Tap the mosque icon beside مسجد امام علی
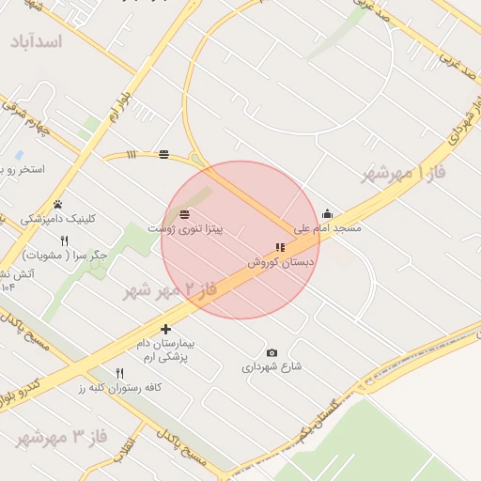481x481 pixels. click(x=327, y=214)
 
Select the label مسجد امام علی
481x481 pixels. click(x=327, y=227)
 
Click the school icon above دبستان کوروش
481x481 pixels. click(x=279, y=248)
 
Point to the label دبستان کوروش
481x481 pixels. click(x=281, y=262)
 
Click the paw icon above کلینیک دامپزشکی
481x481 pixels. click(x=57, y=204)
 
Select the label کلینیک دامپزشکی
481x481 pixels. click(x=58, y=218)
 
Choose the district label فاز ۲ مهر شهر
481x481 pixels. click(x=170, y=289)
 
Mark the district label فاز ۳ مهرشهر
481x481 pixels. click(x=61, y=438)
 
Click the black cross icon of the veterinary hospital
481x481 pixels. click(x=166, y=329)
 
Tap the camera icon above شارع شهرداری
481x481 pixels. click(x=272, y=352)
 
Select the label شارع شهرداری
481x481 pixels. click(x=272, y=366)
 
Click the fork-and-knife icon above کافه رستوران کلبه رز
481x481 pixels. click(x=119, y=373)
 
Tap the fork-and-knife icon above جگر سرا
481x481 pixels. click(x=64, y=240)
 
